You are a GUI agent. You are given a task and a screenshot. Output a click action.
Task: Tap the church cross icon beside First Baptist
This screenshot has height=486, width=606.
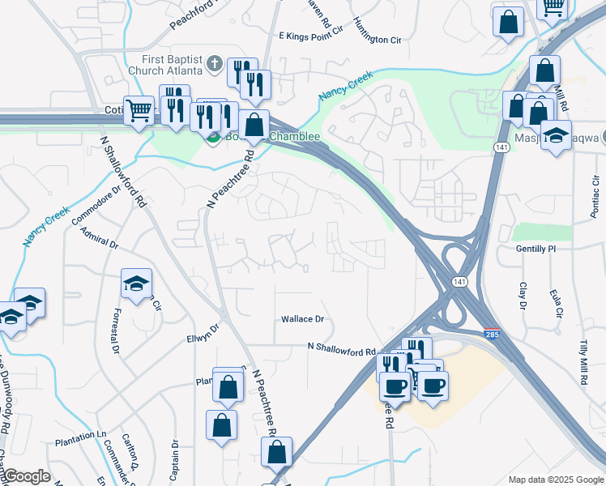[215, 63]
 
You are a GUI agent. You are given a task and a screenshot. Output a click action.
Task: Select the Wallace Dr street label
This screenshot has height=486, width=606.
[302, 319]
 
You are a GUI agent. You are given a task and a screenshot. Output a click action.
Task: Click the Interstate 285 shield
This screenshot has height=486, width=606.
[491, 333]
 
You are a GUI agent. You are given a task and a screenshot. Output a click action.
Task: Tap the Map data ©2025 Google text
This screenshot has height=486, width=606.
[555, 480]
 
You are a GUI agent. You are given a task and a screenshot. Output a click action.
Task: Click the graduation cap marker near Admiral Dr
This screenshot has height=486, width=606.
[136, 283]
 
